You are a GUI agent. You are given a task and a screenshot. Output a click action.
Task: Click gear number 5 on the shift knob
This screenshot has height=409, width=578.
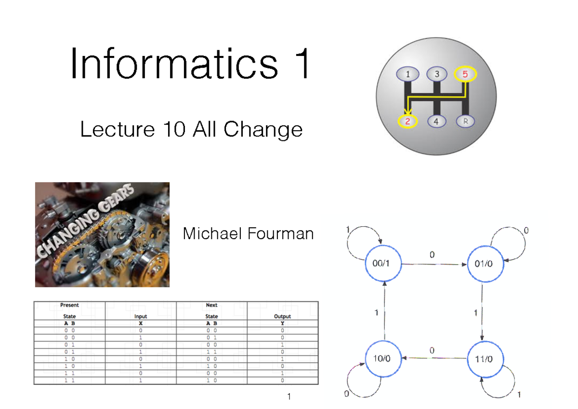[465, 75]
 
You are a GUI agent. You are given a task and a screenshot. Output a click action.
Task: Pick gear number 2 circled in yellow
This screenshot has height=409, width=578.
[408, 122]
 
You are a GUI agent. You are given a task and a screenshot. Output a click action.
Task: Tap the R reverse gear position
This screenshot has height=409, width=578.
[465, 122]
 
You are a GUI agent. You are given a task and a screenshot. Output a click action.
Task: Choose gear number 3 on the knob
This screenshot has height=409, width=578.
[437, 75]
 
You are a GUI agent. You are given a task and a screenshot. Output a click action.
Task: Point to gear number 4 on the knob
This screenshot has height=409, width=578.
[436, 122]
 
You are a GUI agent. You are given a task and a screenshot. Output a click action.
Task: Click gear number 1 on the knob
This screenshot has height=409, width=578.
[408, 75]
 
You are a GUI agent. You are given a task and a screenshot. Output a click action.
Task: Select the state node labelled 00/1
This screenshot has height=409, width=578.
[384, 264]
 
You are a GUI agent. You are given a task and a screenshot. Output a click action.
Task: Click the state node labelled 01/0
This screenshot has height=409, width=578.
[483, 264]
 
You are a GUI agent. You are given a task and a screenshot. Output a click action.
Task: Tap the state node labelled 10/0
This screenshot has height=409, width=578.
[384, 358]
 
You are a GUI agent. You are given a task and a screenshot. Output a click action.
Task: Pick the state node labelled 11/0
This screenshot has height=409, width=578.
[483, 358]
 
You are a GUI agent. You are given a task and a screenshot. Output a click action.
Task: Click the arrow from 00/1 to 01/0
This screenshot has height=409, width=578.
[433, 264]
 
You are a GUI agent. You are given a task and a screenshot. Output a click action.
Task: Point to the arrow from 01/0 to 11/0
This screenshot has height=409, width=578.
[483, 311]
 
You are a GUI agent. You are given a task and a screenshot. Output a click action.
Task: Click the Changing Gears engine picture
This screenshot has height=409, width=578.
[102, 234]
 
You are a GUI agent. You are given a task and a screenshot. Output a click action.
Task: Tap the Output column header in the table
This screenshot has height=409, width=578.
[282, 317]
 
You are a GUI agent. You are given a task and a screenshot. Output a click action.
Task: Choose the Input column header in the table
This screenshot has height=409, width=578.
[141, 317]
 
